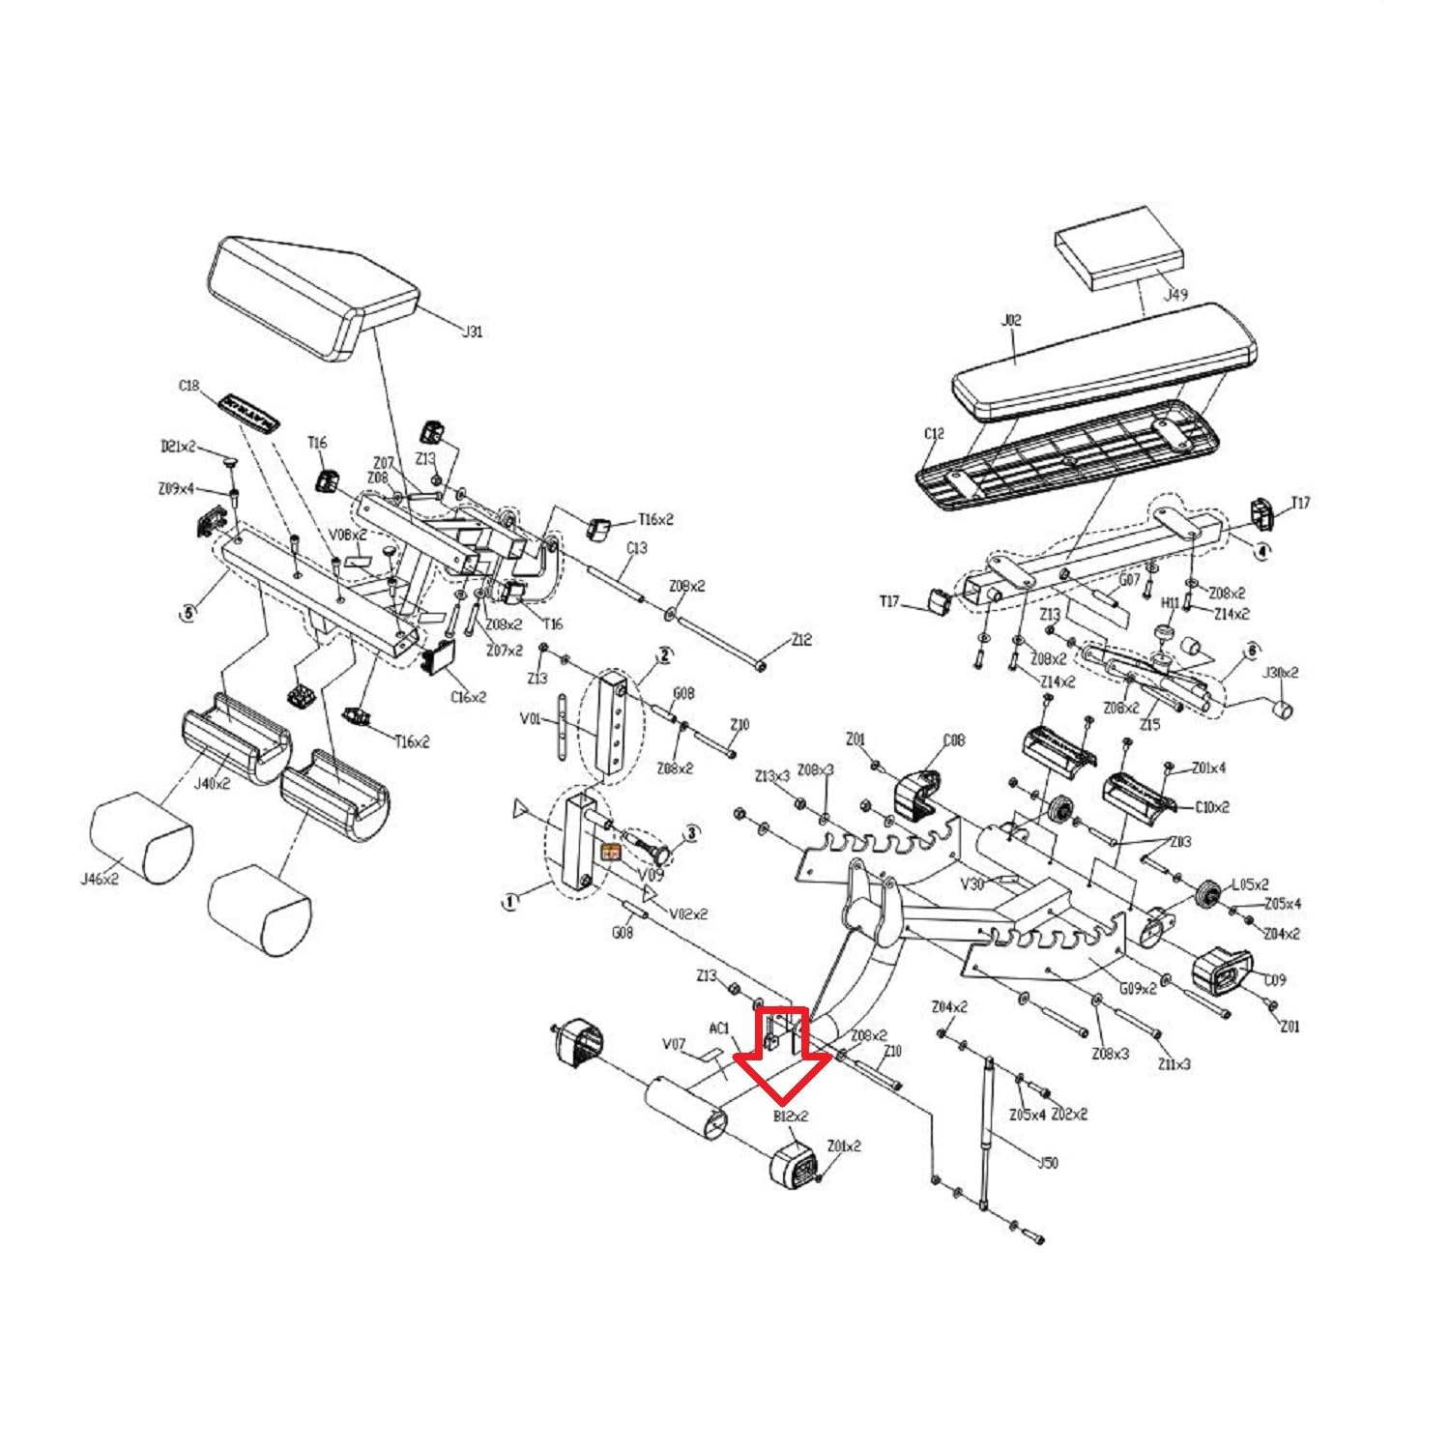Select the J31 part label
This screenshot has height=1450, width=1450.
click(472, 332)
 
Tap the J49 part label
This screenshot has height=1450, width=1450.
click(1174, 295)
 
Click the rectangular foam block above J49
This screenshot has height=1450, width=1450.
click(1118, 248)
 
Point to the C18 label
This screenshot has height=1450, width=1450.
click(188, 386)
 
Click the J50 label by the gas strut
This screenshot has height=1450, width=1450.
click(1047, 1163)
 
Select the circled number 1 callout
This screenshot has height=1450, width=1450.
click(509, 901)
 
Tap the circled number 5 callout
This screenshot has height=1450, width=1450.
click(188, 612)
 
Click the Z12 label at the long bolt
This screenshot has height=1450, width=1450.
click(801, 640)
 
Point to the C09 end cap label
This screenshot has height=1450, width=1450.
click(1275, 980)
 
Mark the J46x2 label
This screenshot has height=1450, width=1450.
click(100, 880)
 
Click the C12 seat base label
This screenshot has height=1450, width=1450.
click(933, 434)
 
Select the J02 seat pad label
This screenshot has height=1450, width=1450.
click(1011, 320)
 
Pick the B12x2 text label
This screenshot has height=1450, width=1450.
click(791, 1116)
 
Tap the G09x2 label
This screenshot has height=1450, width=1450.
click(1138, 988)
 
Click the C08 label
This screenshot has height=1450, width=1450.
click(953, 740)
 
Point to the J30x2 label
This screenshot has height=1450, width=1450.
click(1282, 673)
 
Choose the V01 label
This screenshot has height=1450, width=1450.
click(530, 718)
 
